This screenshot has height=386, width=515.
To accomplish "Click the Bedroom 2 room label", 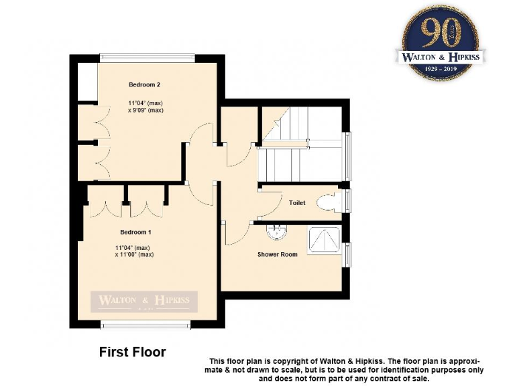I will pyautogui.click(x=144, y=85).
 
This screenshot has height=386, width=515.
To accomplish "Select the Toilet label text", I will pyautogui.click(x=297, y=202).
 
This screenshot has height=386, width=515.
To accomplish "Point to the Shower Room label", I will pyautogui.click(x=277, y=255).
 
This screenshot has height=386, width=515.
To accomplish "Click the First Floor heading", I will pyautogui.click(x=132, y=351).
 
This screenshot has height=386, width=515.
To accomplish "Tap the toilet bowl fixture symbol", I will pyautogui.click(x=329, y=202).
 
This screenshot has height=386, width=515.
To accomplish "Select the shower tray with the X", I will pyautogui.click(x=324, y=240).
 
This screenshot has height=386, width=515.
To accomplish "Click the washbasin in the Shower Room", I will pyautogui.click(x=276, y=232).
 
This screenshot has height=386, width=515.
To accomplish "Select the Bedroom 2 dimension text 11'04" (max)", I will pyautogui.click(x=146, y=103).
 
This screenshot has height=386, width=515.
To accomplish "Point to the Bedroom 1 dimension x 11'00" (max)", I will pyautogui.click(x=135, y=255).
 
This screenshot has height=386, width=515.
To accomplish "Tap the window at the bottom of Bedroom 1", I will pyautogui.click(x=145, y=325).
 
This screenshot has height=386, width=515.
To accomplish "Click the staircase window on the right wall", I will pyautogui.click(x=347, y=156).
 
